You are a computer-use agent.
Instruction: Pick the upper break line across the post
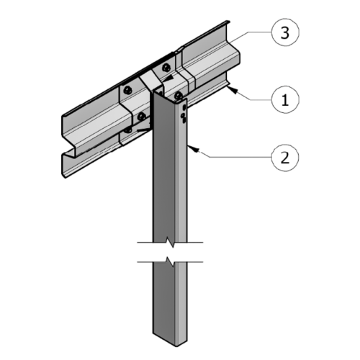click(171, 243)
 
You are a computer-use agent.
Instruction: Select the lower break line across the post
click(171, 259)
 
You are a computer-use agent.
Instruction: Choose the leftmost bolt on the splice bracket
click(127, 90)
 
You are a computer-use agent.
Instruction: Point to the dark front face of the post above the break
click(162, 180)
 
